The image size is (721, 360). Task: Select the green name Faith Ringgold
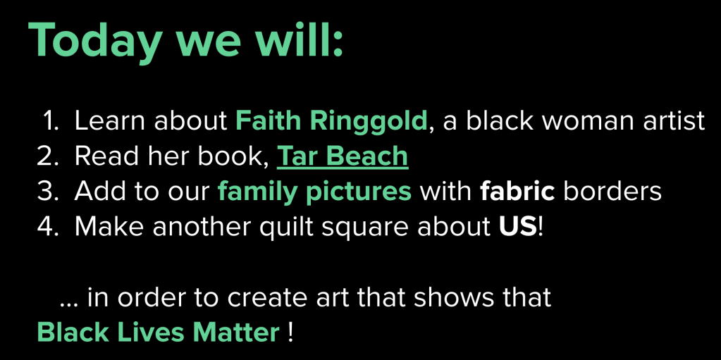tap(331, 121)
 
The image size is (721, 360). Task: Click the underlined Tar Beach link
tap(343, 156)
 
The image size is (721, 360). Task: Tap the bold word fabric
tap(517, 191)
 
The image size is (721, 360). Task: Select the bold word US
tap(518, 227)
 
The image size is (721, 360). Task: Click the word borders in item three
tap(612, 191)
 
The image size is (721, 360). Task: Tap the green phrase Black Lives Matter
tap(158, 332)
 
